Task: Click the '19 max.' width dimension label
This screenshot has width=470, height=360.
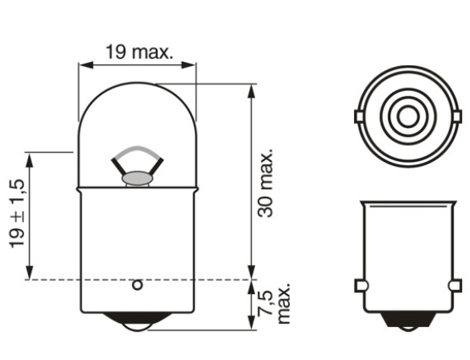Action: pyautogui.click(x=138, y=52)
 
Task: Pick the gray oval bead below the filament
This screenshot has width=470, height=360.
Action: pyautogui.click(x=138, y=176)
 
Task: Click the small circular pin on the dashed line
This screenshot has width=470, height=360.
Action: pyautogui.click(x=137, y=284)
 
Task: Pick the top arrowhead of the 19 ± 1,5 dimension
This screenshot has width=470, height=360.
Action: pyautogui.click(x=30, y=157)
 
